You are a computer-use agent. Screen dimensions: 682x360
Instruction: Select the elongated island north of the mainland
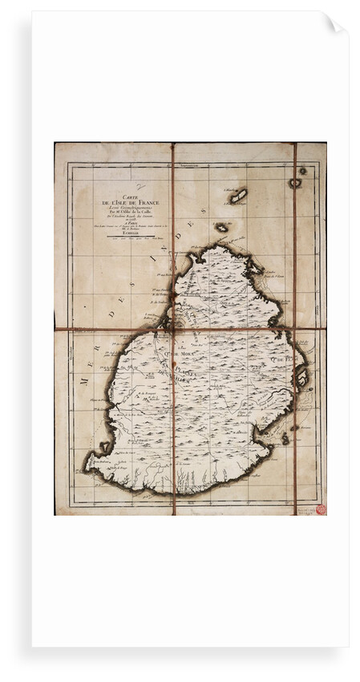[x=238, y=195]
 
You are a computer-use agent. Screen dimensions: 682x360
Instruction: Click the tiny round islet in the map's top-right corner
[x=302, y=171]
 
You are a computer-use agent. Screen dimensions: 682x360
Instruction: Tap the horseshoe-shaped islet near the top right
[x=294, y=183]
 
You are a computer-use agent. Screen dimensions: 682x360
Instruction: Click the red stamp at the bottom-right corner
[x=321, y=509]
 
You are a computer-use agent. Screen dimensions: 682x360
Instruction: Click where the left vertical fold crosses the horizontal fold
[x=172, y=329]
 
